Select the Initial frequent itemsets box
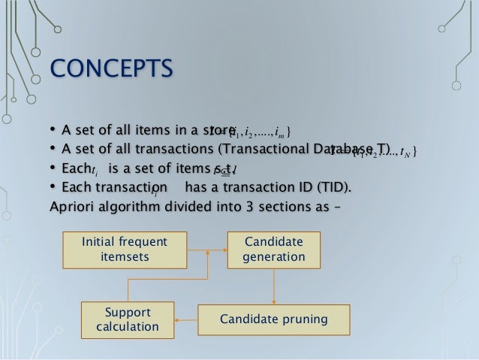coord(125,250)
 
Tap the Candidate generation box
coord(274,250)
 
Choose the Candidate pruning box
coord(273,320)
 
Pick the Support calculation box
coord(128,319)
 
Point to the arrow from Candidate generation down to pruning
coord(274,286)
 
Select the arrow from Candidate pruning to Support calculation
coord(185,320)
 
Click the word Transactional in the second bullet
coord(253,150)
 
